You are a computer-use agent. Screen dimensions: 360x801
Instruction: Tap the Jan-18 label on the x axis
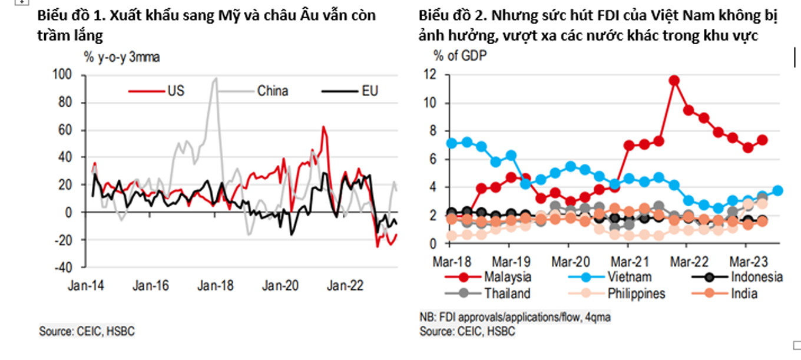click(215, 286)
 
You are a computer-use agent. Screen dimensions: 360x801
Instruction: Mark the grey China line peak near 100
click(216, 78)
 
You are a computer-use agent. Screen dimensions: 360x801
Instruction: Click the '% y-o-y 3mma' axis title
click(121, 57)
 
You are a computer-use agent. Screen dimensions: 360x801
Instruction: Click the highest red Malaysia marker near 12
click(674, 80)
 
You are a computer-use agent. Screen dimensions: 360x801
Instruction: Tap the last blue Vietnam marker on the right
click(777, 190)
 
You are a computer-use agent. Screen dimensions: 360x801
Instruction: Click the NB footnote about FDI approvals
click(515, 317)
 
